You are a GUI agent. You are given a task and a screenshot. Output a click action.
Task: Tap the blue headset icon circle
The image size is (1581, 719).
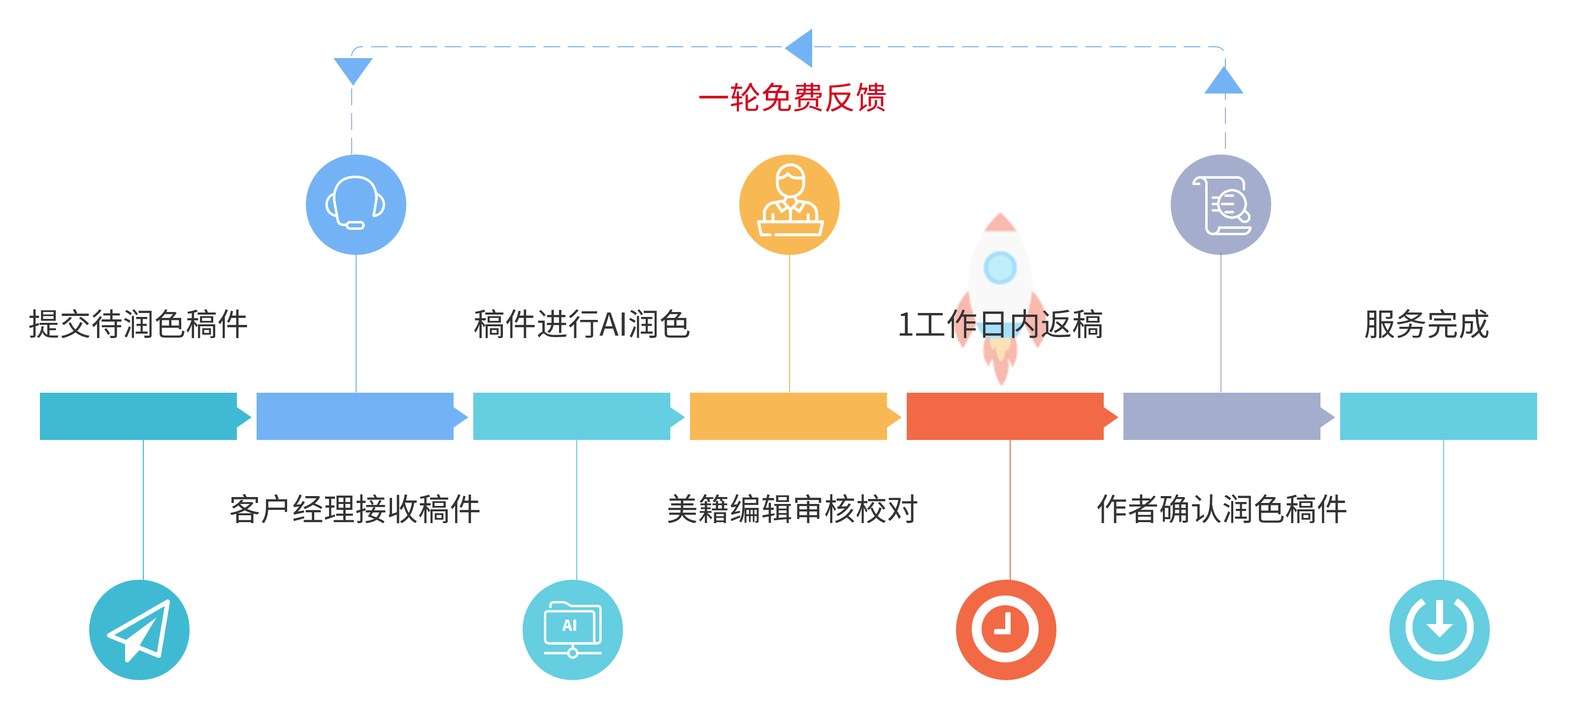click(356, 204)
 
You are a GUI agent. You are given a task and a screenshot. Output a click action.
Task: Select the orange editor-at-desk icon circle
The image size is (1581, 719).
click(790, 204)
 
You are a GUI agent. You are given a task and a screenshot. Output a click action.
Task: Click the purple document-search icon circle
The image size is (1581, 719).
click(1221, 204)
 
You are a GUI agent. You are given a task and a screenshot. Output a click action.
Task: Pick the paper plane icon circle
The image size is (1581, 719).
click(139, 629)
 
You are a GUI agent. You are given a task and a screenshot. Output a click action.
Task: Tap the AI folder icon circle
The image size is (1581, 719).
click(573, 629)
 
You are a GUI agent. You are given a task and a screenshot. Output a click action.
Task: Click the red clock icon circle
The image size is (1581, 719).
click(1006, 629)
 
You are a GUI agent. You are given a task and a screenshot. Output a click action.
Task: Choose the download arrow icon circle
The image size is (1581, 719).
click(1439, 629)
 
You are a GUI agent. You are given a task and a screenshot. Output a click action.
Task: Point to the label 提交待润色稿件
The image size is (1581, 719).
click(138, 324)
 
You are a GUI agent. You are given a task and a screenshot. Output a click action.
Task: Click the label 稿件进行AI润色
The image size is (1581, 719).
click(582, 324)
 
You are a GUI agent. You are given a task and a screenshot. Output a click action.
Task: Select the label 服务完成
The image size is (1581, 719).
click(1426, 324)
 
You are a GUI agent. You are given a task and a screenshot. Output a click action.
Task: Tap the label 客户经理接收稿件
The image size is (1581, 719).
click(355, 509)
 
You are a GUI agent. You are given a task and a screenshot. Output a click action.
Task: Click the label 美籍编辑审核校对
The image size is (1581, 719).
click(791, 509)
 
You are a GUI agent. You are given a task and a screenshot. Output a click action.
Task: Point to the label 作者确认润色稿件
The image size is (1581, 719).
click(1221, 509)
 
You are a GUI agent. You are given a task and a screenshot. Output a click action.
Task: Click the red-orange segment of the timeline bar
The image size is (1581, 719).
click(1005, 416)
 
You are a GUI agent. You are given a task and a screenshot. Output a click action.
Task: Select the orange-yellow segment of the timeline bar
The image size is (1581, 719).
click(788, 416)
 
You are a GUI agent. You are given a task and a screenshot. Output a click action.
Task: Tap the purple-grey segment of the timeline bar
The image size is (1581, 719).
click(1221, 416)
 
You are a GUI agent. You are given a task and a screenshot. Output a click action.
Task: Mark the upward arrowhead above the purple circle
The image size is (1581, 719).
click(1224, 82)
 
